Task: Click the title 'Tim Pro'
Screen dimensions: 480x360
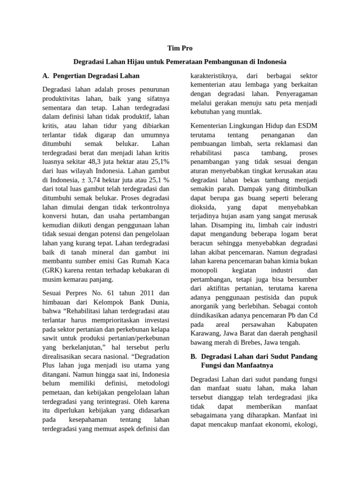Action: click(180, 48)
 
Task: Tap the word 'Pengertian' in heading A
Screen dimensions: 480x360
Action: click(71, 75)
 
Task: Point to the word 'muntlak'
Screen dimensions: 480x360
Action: click(249, 112)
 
